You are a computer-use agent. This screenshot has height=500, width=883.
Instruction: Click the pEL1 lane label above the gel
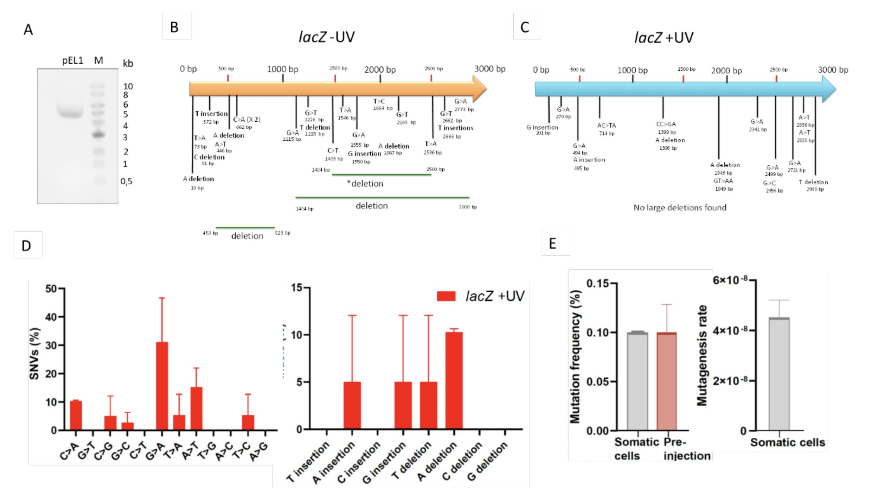(73, 60)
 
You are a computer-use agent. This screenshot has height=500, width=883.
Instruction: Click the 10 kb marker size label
(128, 87)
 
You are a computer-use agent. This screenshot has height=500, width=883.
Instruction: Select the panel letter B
(175, 27)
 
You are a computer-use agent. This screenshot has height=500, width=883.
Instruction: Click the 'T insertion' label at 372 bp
(211, 114)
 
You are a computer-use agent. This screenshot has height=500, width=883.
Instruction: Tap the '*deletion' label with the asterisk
(365, 184)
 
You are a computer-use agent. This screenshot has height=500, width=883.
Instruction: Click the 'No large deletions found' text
(680, 208)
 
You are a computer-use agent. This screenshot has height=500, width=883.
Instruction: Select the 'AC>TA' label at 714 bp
(607, 125)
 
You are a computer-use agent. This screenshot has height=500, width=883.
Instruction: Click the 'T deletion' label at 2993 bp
(813, 182)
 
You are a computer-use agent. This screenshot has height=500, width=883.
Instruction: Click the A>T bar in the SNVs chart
(196, 408)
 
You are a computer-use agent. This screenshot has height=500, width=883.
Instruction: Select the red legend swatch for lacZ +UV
(446, 296)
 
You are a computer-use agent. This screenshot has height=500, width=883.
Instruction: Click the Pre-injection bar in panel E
(666, 381)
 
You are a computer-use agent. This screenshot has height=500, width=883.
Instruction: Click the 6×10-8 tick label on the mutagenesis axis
(730, 280)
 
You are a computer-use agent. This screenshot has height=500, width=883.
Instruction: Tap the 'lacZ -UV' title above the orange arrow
(326, 37)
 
